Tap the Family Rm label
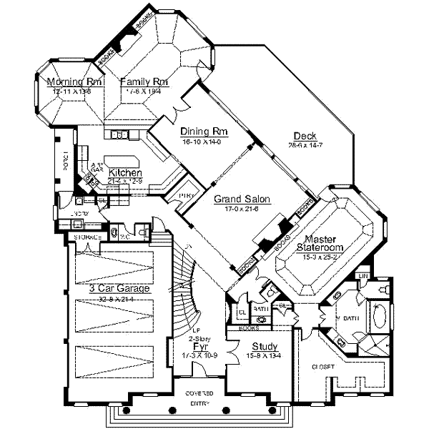144,82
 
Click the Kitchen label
125,173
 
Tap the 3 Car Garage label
119,289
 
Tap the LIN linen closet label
363,275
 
